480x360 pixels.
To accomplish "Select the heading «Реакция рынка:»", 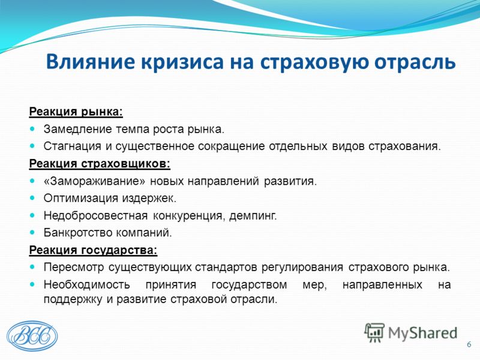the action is (76, 112).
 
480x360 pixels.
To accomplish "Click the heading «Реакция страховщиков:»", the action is (100, 164).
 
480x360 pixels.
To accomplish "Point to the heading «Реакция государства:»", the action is (94, 250).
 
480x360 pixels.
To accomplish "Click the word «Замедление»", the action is (78, 129).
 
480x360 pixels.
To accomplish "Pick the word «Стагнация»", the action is (72, 146).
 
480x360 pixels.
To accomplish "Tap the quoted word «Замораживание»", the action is (95, 181).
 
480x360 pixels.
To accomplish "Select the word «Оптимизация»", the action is (81, 199).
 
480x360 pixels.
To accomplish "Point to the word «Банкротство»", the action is (78, 233).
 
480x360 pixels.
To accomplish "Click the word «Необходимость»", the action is (86, 285).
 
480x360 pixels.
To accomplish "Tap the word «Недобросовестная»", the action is (95, 216).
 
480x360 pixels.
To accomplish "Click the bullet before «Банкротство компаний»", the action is (32, 233).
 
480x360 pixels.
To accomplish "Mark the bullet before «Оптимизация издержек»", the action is (32, 198).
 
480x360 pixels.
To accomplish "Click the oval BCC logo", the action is (32, 335).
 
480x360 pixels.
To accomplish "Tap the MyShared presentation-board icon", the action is (374, 332).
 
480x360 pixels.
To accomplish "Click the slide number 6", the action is (469, 344).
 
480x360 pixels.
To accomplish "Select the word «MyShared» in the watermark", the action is (423, 334).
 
